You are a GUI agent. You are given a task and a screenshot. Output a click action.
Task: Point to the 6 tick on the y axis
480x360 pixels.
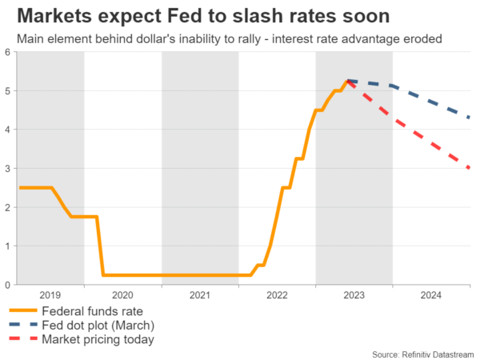(6, 53)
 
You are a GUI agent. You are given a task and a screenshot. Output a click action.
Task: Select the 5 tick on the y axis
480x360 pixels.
(6, 91)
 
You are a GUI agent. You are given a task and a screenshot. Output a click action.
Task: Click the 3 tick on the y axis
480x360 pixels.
(6, 169)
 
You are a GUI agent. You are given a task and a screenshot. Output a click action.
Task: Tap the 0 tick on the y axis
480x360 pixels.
(6, 285)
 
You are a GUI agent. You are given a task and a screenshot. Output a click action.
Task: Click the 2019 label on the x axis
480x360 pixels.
(50, 294)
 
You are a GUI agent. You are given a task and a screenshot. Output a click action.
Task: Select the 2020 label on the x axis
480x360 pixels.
(124, 294)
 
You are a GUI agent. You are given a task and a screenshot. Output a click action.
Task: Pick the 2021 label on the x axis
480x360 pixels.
(201, 294)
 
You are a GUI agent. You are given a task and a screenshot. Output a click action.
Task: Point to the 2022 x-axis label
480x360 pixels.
(278, 294)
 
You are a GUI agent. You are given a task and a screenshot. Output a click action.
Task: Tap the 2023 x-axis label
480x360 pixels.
(354, 294)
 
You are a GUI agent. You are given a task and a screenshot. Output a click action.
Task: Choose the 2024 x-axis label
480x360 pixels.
(431, 294)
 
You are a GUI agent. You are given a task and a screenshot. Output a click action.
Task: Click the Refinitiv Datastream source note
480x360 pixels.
(423, 353)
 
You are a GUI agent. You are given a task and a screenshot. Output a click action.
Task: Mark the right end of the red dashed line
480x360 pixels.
(468, 167)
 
